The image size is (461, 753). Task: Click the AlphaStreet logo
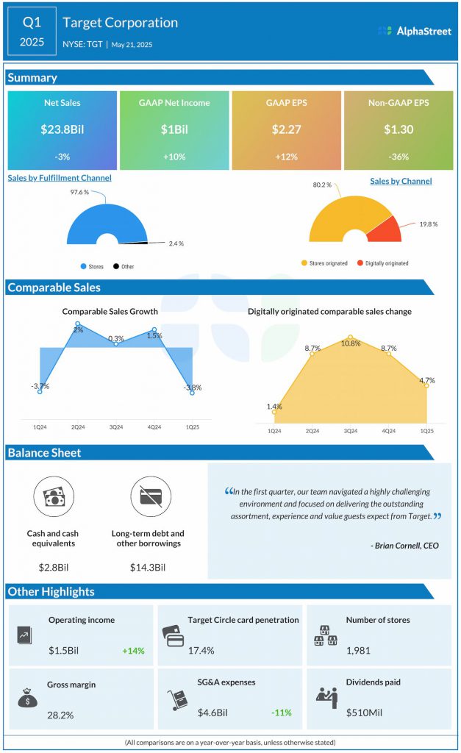click(x=414, y=31)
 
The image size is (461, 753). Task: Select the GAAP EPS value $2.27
click(x=286, y=129)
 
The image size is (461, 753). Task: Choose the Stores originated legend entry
click(x=326, y=263)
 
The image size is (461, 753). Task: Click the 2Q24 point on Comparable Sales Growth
click(x=77, y=324)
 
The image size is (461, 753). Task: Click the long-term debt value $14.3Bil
click(x=148, y=568)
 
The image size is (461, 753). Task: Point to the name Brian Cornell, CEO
click(x=404, y=546)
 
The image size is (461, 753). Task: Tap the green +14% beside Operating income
click(x=134, y=651)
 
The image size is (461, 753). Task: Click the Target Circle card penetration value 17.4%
click(x=201, y=651)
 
